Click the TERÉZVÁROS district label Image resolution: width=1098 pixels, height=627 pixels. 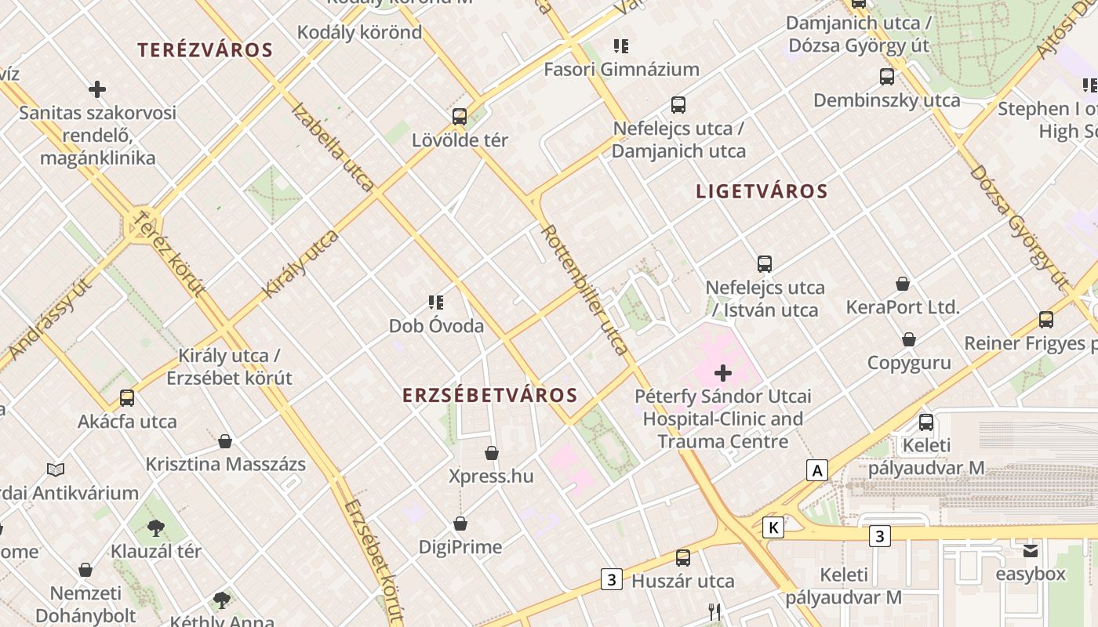[x=205, y=50]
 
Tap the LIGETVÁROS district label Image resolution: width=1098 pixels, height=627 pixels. [x=762, y=191]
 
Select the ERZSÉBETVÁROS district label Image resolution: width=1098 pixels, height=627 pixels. [x=490, y=396]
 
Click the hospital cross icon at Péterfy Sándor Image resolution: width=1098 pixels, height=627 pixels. [x=723, y=373]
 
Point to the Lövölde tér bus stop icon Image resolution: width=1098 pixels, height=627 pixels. [x=460, y=117]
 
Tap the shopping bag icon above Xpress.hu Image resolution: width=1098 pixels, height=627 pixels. [x=492, y=453]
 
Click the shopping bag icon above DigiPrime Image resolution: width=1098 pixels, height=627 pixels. [x=460, y=524]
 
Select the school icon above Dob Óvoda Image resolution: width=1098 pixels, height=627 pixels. [x=436, y=303]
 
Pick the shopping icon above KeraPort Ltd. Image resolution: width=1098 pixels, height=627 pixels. [x=903, y=284]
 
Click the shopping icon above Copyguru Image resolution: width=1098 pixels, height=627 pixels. [x=909, y=339]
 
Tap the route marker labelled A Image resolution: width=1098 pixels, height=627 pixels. [x=817, y=470]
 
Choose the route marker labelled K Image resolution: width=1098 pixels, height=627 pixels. [x=773, y=527]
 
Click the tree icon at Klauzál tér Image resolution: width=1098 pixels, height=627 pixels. [x=156, y=528]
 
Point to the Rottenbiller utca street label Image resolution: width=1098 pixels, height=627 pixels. [x=585, y=290]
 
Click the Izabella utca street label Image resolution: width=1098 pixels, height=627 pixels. [x=333, y=147]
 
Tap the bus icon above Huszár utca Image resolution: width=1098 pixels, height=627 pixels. [x=683, y=558]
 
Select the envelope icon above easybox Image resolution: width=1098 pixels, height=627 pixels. [x=1030, y=551]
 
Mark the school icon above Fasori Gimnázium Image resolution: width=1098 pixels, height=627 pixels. [x=621, y=46]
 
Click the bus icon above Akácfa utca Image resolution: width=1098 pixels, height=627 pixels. [x=127, y=398]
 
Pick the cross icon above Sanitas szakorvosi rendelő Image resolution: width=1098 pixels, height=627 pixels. [x=97, y=89]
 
